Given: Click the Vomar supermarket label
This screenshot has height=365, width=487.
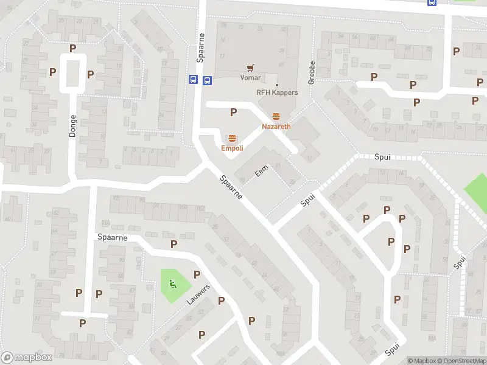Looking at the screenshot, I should pos(250,77).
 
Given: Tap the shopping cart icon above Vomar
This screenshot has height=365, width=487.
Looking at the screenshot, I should pos(250,68).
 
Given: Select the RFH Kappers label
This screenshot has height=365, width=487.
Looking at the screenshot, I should pos(277,92).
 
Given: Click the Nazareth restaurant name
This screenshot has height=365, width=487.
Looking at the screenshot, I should pos(276,127).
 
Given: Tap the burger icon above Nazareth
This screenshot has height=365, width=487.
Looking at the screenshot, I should pos(276,116).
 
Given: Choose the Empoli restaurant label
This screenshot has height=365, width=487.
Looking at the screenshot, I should pos(232,148).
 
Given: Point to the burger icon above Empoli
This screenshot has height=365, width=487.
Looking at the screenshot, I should pos(232,138).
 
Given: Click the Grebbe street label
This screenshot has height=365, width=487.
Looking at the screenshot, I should pos(311,72).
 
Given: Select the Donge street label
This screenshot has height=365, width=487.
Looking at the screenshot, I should pos(72,125).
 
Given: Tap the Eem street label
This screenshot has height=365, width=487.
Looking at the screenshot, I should pos(262,173).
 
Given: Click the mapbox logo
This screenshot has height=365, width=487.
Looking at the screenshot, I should pos(26,358).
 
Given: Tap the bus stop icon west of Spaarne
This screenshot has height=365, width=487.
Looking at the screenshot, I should pos(193,79).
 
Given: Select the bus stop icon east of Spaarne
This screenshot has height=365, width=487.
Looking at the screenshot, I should pos(208,79).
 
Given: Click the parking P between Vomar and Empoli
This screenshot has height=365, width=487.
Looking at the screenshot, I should pos(233,112).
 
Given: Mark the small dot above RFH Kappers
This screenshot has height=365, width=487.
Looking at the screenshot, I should pos(277,85).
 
